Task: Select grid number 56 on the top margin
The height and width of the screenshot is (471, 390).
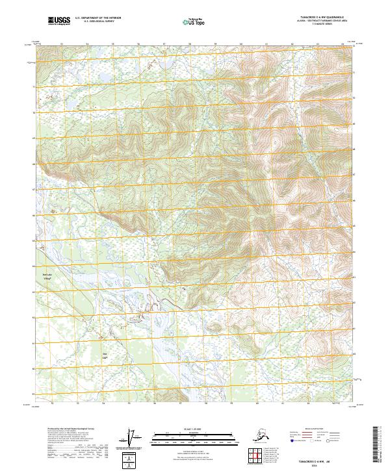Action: [x=138, y=44]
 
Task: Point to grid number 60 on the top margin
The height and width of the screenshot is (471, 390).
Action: [x=241, y=44]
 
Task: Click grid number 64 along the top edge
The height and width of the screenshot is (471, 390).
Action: [x=343, y=44]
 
